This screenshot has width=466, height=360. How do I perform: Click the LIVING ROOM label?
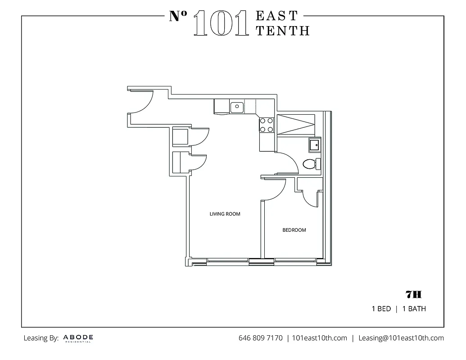point(225,214)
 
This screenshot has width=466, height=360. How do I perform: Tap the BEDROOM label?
point(294,230)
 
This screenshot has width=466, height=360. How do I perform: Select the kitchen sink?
point(236,107)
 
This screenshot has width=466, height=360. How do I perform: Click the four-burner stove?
point(266,125)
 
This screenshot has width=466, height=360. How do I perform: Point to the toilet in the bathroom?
point(311,163)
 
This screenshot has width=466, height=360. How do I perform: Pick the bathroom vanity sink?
point(314,145)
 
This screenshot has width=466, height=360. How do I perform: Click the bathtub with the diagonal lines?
point(296,125)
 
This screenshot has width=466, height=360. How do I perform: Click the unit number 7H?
point(413,295)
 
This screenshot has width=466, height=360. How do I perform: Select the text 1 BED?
point(381,309)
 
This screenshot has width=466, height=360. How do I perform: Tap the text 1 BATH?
point(414,309)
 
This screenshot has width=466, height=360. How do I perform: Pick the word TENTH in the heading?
point(282,31)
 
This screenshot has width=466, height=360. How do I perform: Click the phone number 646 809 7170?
point(260,338)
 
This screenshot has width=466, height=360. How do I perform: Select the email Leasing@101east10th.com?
point(401,338)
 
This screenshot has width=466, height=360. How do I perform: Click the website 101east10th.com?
point(319,338)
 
